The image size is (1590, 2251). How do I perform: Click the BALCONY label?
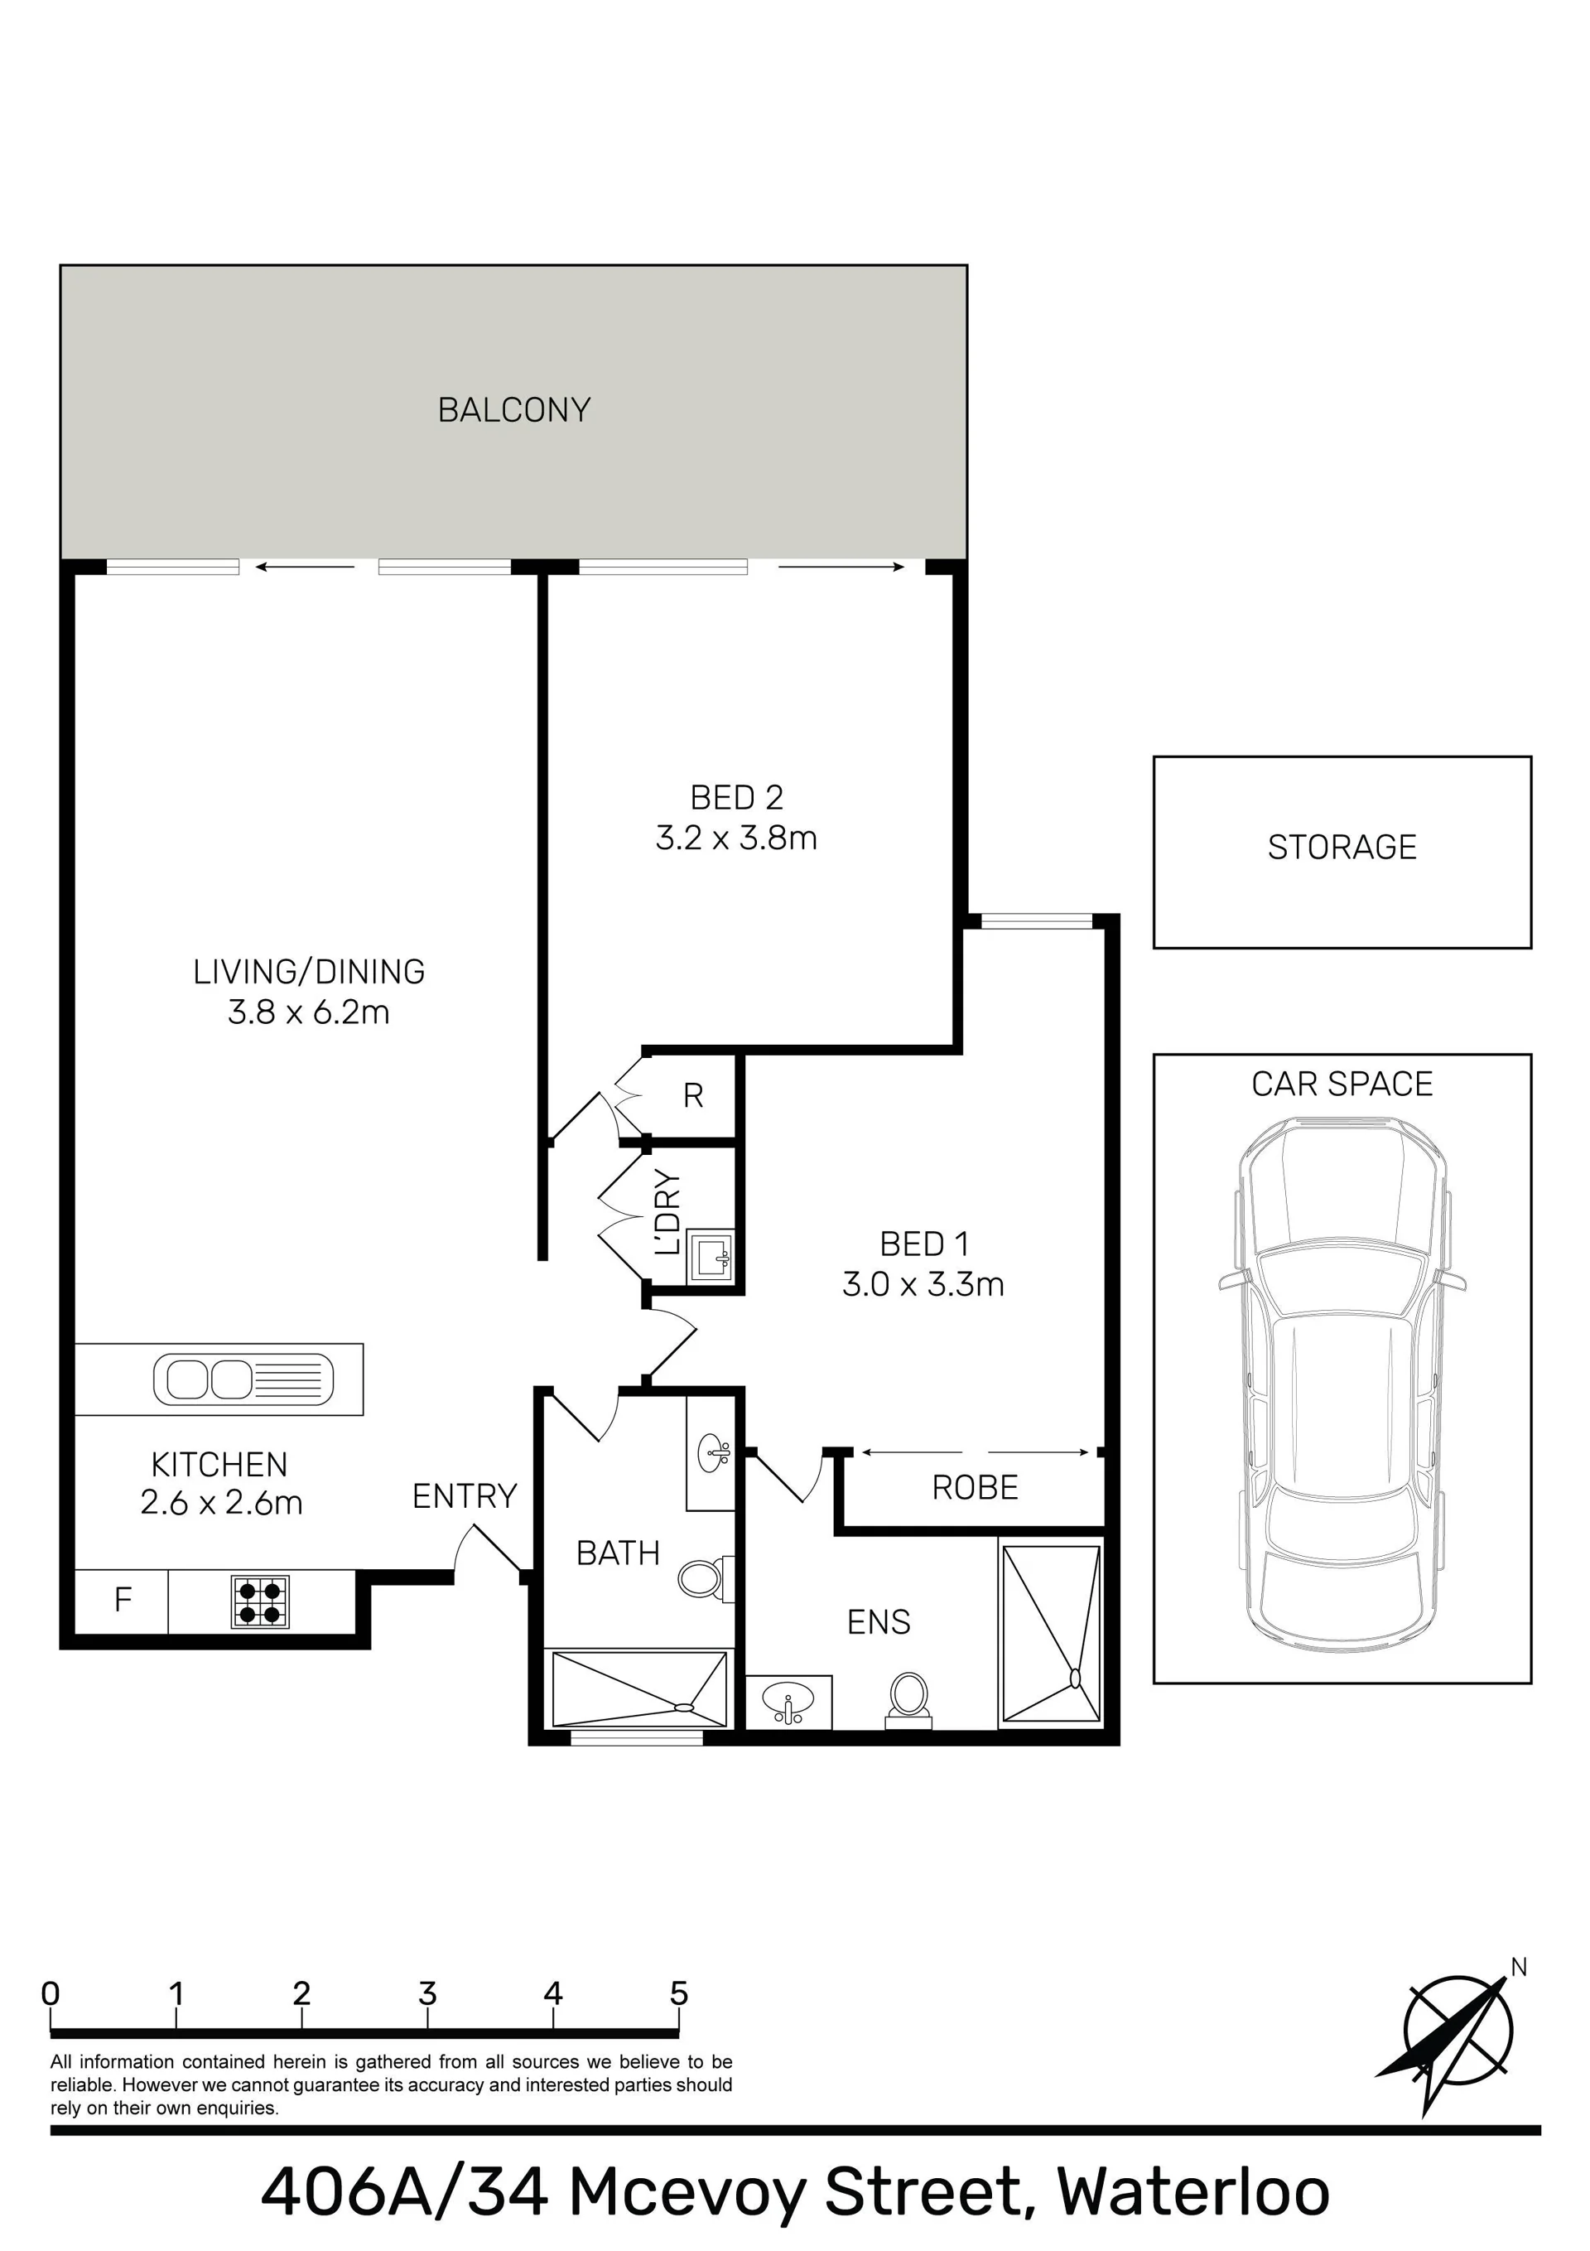513,410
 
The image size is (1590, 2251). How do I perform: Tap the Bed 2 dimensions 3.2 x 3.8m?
736,838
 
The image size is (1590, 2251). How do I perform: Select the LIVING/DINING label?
309,972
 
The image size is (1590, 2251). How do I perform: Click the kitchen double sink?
243,1379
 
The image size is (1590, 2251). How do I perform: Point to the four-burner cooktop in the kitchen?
260,1601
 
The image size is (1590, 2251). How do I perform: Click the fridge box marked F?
122,1601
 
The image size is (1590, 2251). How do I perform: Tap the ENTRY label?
464,1496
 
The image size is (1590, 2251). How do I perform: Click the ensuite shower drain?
1074,1679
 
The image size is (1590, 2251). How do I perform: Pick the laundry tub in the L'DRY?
711,1256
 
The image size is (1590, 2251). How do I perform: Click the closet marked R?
693,1096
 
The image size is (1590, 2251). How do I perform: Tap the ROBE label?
975,1488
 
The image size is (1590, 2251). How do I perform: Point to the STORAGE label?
1342,847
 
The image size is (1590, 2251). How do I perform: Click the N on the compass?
1519,1968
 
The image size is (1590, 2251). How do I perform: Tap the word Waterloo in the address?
1193,2192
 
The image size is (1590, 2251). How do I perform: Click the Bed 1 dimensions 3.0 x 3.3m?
923,1284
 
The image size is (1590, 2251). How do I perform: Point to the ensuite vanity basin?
789,1702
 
